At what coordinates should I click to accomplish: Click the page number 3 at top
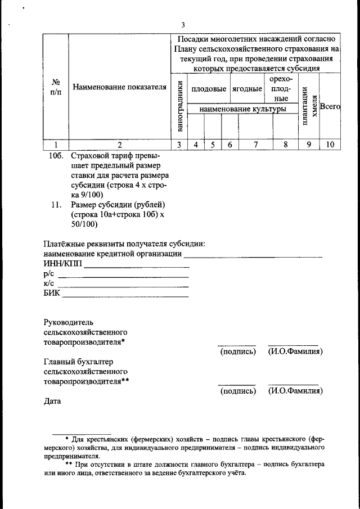183,25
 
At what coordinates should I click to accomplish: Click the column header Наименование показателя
119,87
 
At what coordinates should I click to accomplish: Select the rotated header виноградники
179,106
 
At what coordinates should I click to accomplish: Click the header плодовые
209,89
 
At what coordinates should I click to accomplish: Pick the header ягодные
247,89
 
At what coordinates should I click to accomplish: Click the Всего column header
330,106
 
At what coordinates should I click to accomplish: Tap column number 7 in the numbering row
255,145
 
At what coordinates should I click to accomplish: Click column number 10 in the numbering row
330,145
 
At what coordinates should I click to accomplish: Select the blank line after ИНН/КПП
137,267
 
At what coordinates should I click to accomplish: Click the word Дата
52,402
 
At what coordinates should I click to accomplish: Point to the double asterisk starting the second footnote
69,465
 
